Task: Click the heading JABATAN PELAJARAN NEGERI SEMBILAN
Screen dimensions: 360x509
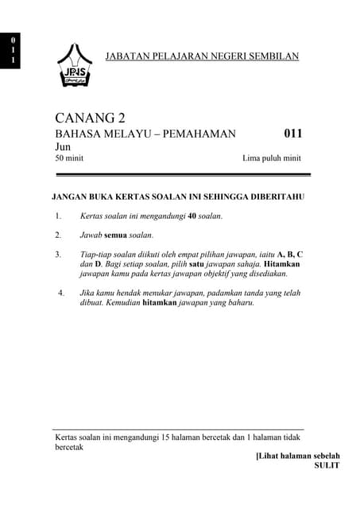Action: pyautogui.click(x=202, y=56)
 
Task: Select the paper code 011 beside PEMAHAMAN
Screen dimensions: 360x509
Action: pyautogui.click(x=292, y=134)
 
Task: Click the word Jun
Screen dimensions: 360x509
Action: pyautogui.click(x=63, y=147)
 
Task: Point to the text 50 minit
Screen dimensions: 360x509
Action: pyautogui.click(x=69, y=158)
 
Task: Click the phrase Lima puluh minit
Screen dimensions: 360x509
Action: pyautogui.click(x=272, y=158)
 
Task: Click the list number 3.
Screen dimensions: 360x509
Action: pyautogui.click(x=58, y=254)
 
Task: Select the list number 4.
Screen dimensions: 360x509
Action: pyautogui.click(x=60, y=293)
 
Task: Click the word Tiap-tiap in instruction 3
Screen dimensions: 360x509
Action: pyautogui.click(x=96, y=254)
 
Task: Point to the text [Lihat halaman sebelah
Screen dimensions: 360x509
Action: pyautogui.click(x=298, y=456)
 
